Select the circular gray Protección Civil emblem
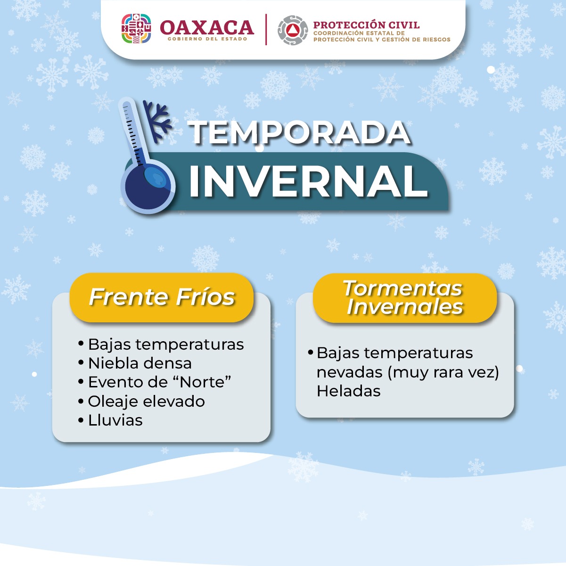pos(293,30)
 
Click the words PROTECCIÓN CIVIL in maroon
pos(366,25)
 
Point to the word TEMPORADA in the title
pos(300,133)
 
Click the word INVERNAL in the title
pos(308,181)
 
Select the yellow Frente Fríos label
pos(162,297)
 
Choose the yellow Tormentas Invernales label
pos(404,298)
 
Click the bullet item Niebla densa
pos(139,363)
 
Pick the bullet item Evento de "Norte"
pos(159,382)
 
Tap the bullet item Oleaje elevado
pos(146,402)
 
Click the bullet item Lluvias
pos(115,420)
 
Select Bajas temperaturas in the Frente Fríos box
pos(166,345)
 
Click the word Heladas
pos(348,391)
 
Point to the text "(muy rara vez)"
pos(443,372)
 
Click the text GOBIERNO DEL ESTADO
pos(207,39)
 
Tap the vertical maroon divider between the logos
pos(266,30)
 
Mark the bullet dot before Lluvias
pos(81,420)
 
